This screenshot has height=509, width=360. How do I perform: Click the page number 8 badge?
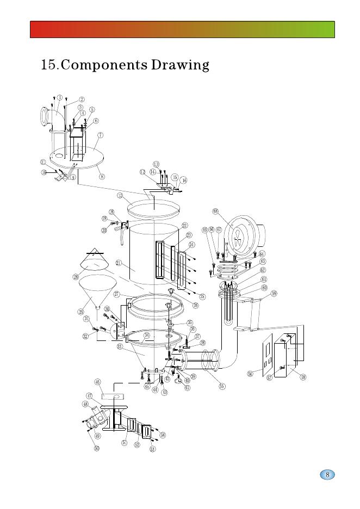(327, 475)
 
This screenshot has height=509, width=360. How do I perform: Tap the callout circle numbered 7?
(101, 135)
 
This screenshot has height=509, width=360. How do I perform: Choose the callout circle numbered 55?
(222, 386)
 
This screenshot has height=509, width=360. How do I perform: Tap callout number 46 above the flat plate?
(98, 382)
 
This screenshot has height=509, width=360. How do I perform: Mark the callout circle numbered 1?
(59, 97)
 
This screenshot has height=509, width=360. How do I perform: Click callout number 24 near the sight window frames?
(191, 245)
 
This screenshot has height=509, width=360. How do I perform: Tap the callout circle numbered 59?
(274, 294)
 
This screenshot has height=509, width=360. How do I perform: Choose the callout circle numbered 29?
(80, 312)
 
